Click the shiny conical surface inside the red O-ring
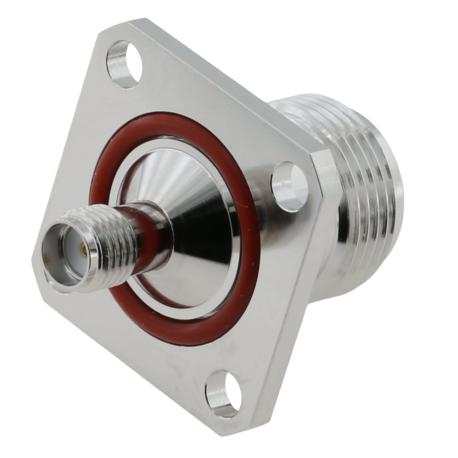click(x=203, y=203)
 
